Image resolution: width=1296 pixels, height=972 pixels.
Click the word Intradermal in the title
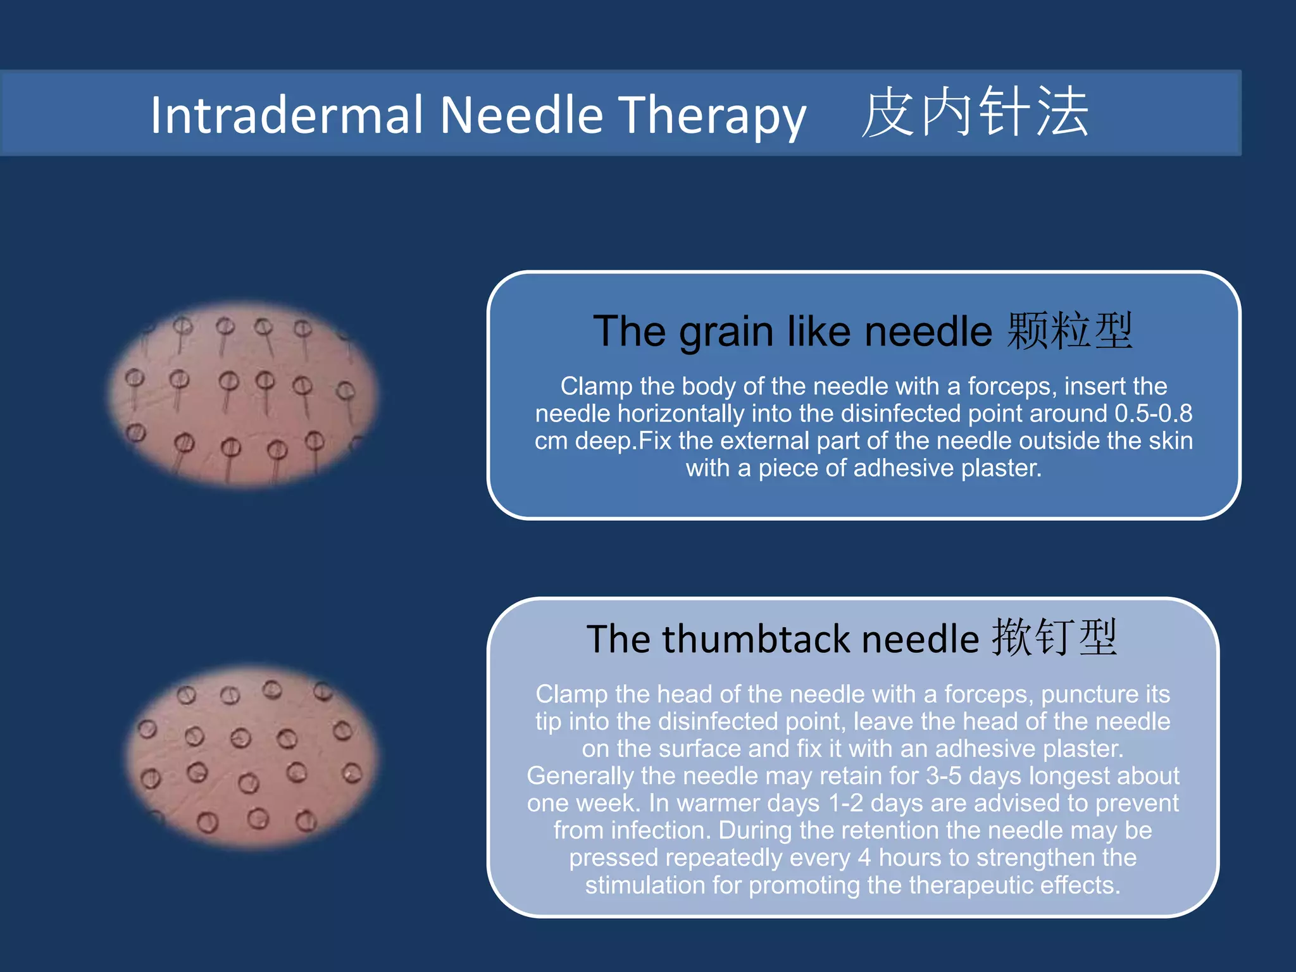click(287, 115)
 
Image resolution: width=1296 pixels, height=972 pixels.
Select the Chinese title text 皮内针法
click(975, 113)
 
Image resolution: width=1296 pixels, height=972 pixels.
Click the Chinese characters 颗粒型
click(1069, 331)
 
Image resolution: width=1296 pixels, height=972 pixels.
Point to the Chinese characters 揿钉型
click(1054, 638)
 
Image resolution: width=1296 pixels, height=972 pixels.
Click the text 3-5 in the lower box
click(944, 776)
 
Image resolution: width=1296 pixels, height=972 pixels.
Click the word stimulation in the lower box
click(645, 885)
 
